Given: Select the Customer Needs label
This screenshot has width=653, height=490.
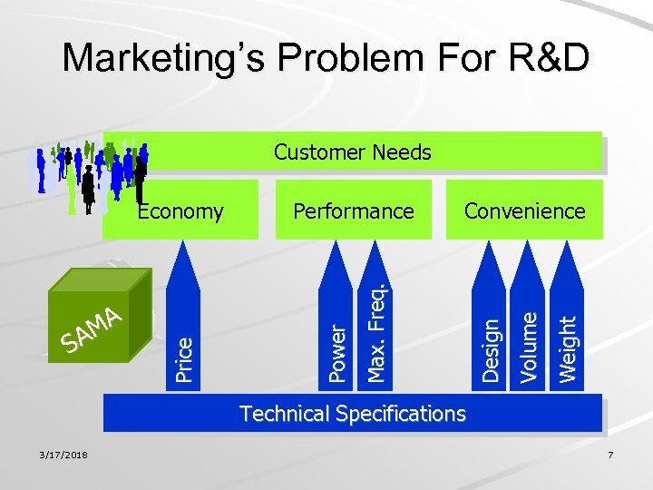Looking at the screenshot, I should point(352,152).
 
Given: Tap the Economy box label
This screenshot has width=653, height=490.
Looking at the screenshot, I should point(180,211).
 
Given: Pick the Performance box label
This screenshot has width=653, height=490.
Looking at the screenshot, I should point(353,211).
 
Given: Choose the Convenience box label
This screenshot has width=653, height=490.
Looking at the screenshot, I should point(524,211).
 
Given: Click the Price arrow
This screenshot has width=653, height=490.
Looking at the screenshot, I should point(184,336).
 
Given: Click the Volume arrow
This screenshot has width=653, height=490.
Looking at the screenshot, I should point(529,336).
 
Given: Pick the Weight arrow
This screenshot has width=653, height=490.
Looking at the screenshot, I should point(567,336).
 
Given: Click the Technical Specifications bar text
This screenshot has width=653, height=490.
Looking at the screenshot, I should point(352,414).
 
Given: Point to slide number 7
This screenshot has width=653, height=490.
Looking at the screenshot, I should point(610,454).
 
